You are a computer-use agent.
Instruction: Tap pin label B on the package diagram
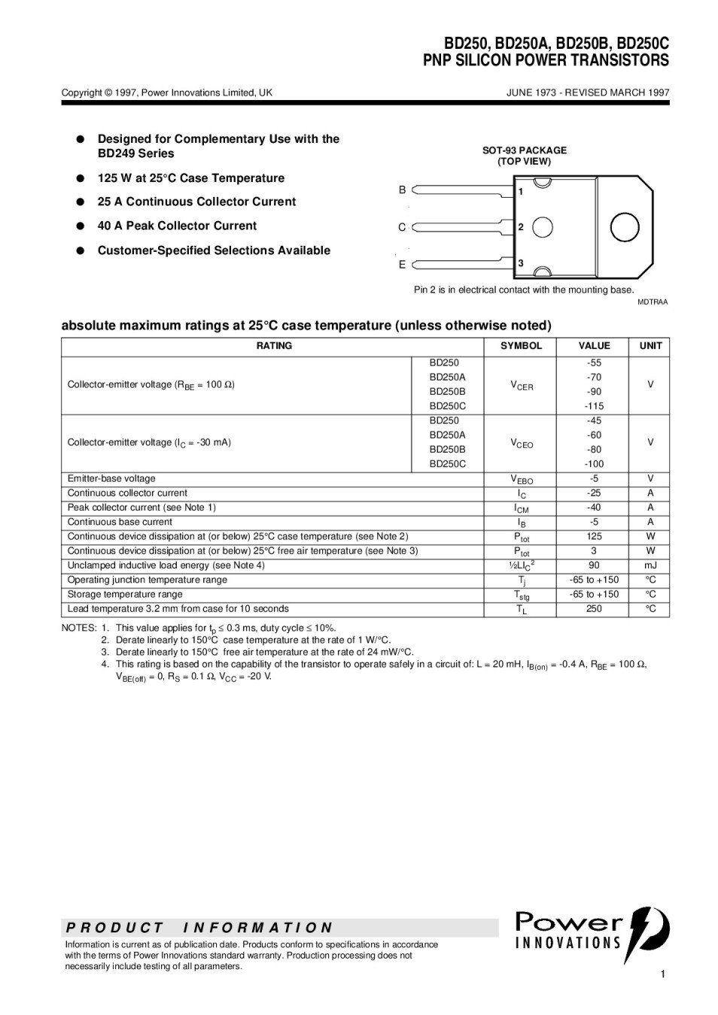tap(402, 190)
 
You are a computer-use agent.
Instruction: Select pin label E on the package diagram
tap(402, 265)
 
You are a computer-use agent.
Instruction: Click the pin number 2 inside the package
tap(521, 226)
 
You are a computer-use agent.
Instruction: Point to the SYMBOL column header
tap(521, 346)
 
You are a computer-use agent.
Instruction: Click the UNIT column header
tap(650, 346)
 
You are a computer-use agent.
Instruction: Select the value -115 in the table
tap(594, 406)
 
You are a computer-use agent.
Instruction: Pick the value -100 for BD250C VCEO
tap(594, 464)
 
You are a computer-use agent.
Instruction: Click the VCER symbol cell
tap(521, 386)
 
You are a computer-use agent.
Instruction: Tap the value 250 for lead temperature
tap(594, 609)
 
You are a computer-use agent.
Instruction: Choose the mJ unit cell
tap(650, 565)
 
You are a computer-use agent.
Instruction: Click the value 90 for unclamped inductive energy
tap(594, 565)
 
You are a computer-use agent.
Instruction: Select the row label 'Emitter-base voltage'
tap(111, 479)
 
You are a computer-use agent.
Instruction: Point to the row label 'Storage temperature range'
tap(125, 595)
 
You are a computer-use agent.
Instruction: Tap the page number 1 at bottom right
tap(662, 974)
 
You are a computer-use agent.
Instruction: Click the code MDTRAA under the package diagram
tap(653, 301)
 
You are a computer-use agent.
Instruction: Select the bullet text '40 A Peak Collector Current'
tap(177, 226)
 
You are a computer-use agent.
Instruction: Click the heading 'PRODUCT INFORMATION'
tap(199, 928)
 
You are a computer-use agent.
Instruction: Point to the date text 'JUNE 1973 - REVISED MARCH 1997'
tap(588, 92)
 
